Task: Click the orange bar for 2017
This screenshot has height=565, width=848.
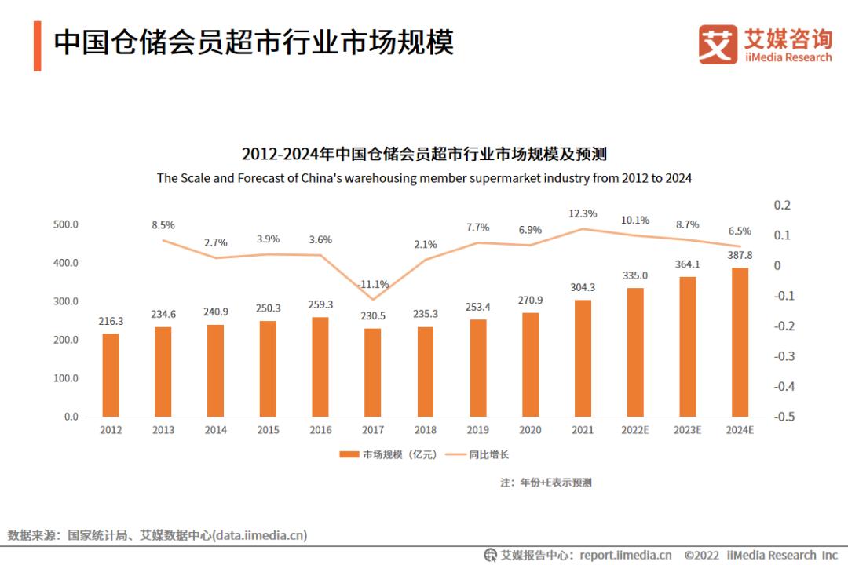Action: coord(372,372)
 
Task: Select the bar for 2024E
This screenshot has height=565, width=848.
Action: coord(740,342)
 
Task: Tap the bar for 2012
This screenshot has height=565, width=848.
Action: coord(111,375)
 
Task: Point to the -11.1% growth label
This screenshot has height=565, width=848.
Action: coord(374,284)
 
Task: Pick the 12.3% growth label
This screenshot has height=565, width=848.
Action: coord(583,213)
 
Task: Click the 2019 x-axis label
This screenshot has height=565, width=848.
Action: coord(477,430)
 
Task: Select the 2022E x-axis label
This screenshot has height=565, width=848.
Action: coord(634,430)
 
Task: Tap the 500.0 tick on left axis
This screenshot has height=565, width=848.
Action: coord(65,224)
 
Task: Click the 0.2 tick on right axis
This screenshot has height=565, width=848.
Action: coord(783,205)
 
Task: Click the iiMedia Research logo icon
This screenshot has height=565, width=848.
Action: coord(718,45)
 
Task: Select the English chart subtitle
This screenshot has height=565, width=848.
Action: coord(424,178)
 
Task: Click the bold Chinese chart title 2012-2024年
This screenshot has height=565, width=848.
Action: coord(424,152)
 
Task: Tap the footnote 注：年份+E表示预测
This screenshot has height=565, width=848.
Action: coord(546,482)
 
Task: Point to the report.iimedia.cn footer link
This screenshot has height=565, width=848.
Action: coord(626,555)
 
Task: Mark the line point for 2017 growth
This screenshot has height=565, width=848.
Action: coord(372,299)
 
